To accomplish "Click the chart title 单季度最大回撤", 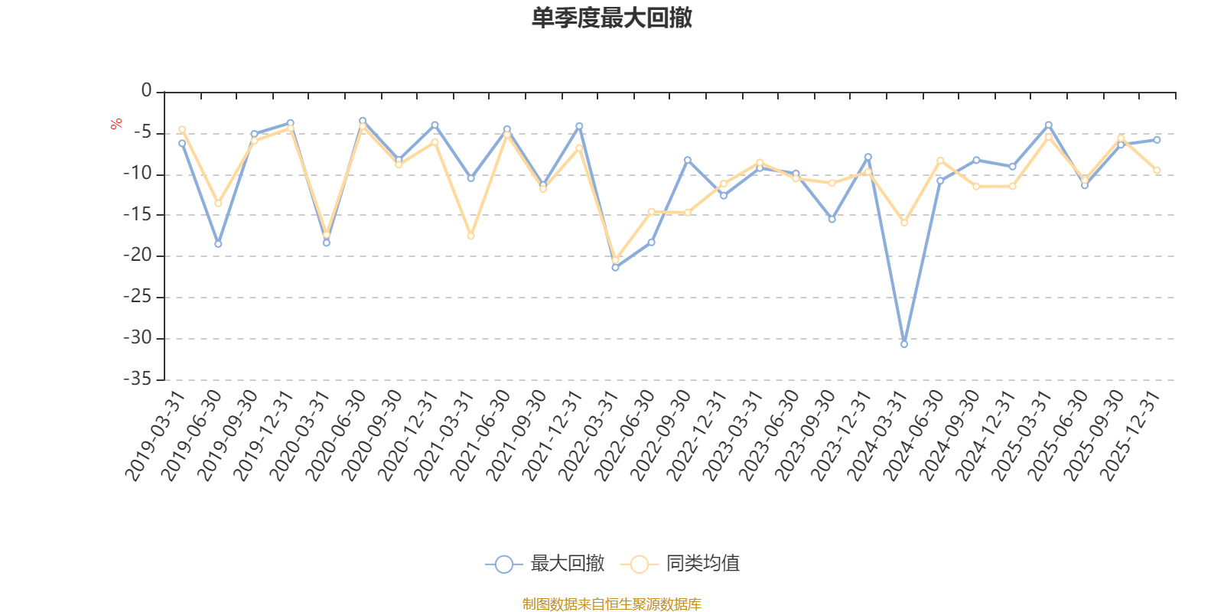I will tap(611, 18).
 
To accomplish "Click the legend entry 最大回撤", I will tap(567, 564).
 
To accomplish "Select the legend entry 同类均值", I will tap(702, 564).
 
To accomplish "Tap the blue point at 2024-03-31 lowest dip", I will tap(904, 344).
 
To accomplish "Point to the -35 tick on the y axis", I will tap(141, 379).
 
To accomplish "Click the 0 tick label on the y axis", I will tap(146, 91).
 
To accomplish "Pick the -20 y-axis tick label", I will tap(141, 256).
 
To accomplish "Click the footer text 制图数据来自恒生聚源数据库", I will tap(611, 604).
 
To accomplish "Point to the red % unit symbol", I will tap(116, 124).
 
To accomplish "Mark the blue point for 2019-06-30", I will tap(218, 244).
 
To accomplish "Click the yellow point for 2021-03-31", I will tap(470, 236).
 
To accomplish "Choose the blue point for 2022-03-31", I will tap(615, 268).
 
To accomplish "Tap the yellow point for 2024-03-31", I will tap(904, 223).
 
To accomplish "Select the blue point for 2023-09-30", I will tap(832, 220).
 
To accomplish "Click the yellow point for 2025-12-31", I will tap(1157, 171).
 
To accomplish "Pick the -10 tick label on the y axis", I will tap(141, 174).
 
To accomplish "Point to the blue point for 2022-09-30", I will tap(687, 159).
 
